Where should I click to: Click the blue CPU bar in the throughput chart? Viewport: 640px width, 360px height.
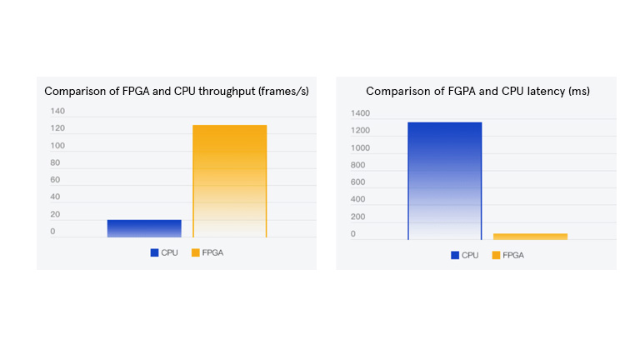tap(144, 228)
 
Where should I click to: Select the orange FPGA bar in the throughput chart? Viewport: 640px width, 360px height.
tap(230, 181)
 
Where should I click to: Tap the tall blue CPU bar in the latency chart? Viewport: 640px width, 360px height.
tap(445, 181)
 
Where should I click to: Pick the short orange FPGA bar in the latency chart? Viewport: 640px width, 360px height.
tap(530, 237)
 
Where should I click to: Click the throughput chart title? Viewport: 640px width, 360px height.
tap(177, 91)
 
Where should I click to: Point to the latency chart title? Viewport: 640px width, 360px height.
tap(477, 91)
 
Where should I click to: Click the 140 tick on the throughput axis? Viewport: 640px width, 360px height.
tap(57, 111)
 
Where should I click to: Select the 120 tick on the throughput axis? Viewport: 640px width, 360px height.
tap(57, 128)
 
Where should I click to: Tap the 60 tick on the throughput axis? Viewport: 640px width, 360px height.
tap(55, 180)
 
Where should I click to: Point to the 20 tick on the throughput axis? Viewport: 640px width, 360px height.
tap(55, 214)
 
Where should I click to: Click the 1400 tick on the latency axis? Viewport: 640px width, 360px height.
tap(360, 113)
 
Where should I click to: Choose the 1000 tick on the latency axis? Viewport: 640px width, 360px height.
tap(360, 147)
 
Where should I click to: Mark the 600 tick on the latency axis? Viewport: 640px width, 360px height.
tap(358, 182)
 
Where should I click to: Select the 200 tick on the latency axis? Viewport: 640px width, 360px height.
tap(358, 217)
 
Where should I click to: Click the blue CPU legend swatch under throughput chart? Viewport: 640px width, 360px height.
tap(154, 252)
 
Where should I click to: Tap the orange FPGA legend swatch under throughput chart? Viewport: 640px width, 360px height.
tap(195, 252)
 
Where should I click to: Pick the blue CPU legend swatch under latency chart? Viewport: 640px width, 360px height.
tap(454, 255)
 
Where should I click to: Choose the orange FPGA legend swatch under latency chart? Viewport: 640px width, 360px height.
tap(496, 255)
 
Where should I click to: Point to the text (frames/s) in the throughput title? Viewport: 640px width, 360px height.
tap(281, 91)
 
